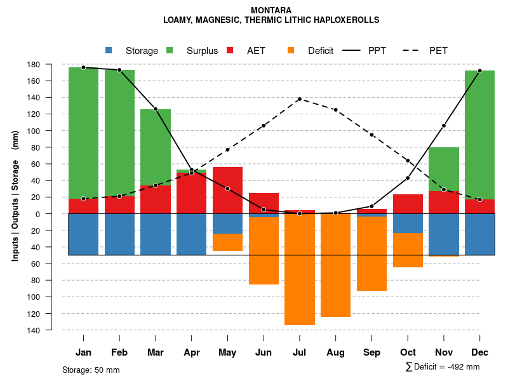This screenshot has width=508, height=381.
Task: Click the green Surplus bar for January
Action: click(83, 133)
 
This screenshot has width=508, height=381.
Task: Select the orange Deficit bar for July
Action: click(300, 269)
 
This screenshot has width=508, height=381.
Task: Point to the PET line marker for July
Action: click(300, 99)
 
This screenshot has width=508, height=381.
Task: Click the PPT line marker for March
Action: click(156, 109)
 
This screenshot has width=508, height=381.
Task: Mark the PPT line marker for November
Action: click(444, 126)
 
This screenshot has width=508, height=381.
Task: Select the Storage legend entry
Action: click(132, 51)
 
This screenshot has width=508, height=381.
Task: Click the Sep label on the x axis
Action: click(372, 352)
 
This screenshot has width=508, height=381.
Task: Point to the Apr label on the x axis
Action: click(191, 352)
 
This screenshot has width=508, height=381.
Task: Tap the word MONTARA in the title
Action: click(271, 10)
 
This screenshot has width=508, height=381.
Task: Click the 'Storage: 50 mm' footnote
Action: click(91, 370)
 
